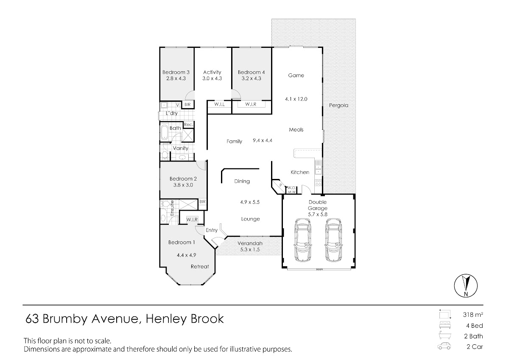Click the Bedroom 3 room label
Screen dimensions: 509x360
[175, 72]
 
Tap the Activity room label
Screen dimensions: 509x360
[212, 72]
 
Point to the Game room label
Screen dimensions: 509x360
[296, 75]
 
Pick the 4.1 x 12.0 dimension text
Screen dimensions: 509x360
[296, 99]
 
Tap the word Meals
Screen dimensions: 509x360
[296, 130]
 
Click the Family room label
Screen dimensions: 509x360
[234, 142]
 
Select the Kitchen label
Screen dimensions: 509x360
[299, 172]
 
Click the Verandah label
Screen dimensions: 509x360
[250, 243]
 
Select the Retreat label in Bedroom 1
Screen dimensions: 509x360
[199, 267]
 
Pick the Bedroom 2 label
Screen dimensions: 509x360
[183, 179]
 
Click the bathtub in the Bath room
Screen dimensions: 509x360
[164, 132]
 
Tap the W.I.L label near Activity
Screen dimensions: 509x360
[219, 104]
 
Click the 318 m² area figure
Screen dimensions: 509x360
[473, 315]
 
